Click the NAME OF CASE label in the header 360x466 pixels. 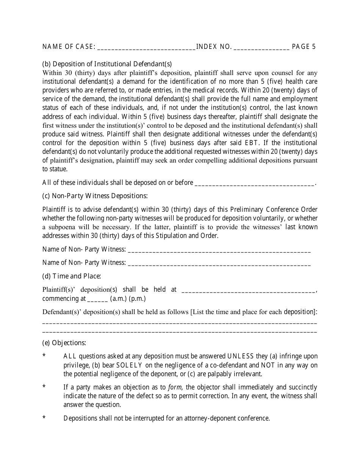click(69, 47)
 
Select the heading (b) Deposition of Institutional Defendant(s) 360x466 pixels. click(107, 64)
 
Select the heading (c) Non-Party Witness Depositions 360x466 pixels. click(95, 196)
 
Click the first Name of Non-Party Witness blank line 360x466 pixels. click(219, 250)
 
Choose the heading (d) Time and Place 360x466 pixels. click(72, 276)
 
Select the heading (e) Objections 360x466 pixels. click(64, 343)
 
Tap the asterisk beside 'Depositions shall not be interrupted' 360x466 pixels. click(44, 418)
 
